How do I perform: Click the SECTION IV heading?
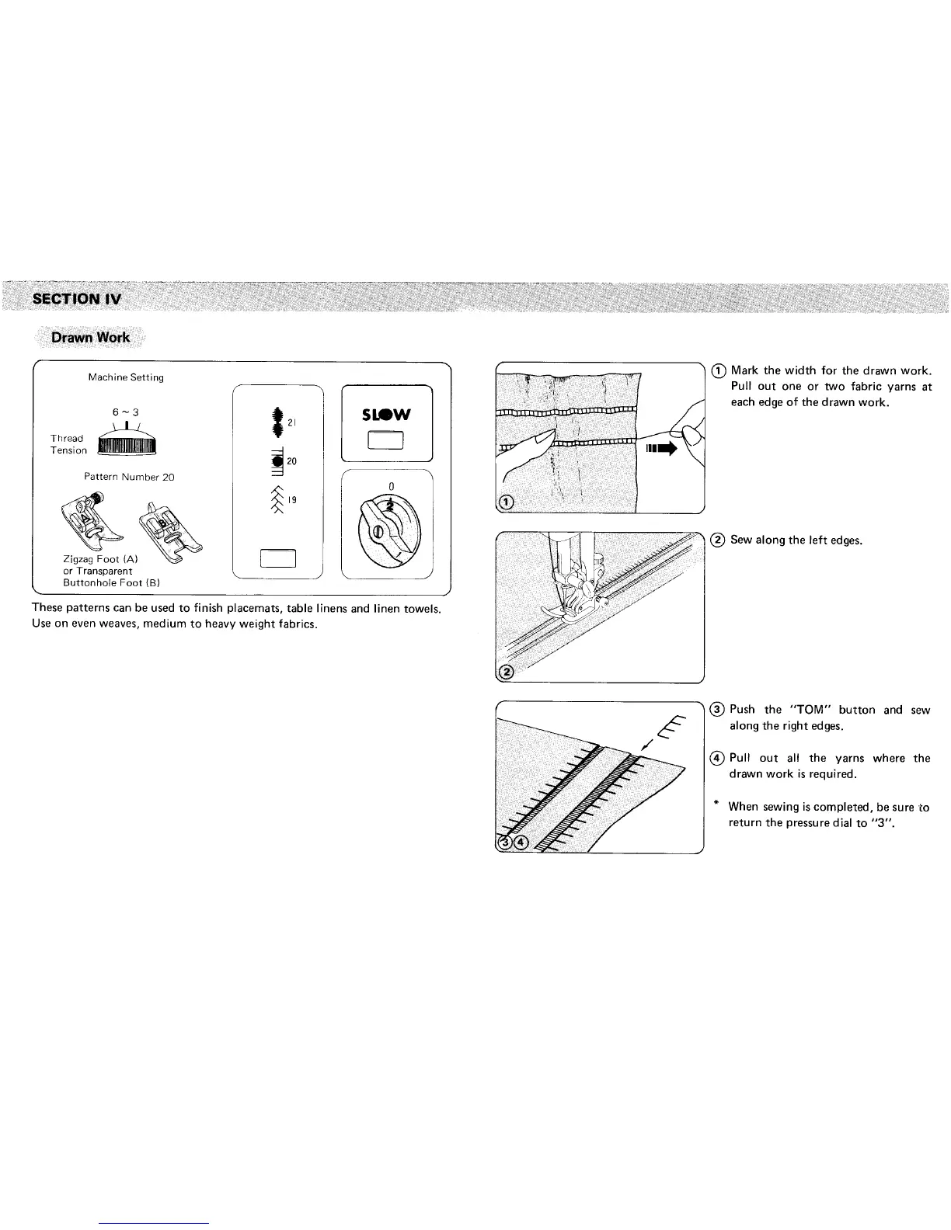[x=76, y=299]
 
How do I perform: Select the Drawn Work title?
[x=90, y=338]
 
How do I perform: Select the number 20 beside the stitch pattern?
[x=292, y=461]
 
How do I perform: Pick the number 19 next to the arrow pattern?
[x=292, y=501]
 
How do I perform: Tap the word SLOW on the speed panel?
[x=387, y=415]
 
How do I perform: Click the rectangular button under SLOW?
[x=387, y=441]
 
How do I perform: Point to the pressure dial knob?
[x=387, y=530]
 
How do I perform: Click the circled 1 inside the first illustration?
[x=506, y=502]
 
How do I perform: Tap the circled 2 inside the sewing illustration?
[x=506, y=672]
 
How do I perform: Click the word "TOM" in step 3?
[x=812, y=710]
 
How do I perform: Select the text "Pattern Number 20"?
[x=129, y=477]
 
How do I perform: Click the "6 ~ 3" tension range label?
[x=125, y=412]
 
